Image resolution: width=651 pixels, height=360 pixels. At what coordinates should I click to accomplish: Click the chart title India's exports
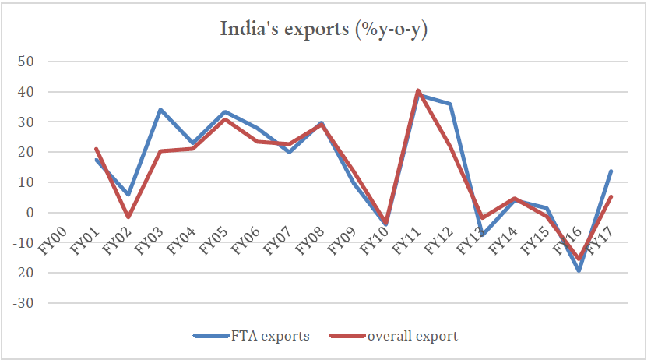pyautogui.click(x=325, y=30)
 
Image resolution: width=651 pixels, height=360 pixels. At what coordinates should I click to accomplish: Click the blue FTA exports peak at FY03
pyautogui.click(x=160, y=110)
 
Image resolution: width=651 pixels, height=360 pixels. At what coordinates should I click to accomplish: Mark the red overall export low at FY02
pyautogui.click(x=128, y=217)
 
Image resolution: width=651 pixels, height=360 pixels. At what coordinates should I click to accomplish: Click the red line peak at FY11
pyautogui.click(x=418, y=90)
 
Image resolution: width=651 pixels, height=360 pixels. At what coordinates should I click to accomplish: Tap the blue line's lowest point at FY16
pyautogui.click(x=579, y=270)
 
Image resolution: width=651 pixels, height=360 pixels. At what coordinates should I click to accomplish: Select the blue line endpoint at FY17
pyautogui.click(x=611, y=171)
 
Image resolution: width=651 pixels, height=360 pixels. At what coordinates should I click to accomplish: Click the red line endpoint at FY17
pyautogui.click(x=611, y=196)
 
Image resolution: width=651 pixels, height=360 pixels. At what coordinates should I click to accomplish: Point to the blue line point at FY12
pyautogui.click(x=450, y=104)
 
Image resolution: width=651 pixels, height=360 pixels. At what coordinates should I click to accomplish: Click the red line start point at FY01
pyautogui.click(x=95, y=149)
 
